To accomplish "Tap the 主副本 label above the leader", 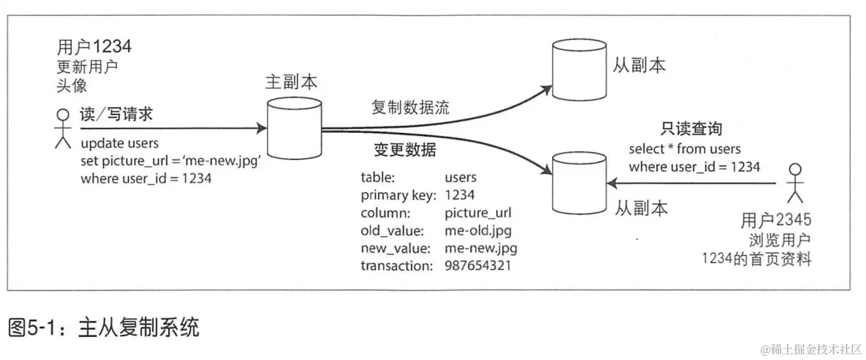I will (x=291, y=82).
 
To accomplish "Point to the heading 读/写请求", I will (x=116, y=114).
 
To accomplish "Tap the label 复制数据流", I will (x=410, y=107).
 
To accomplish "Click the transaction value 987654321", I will (x=478, y=265).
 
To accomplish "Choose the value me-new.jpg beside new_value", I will (x=481, y=248).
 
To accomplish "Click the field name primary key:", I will (x=399, y=195).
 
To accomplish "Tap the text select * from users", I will (x=685, y=149).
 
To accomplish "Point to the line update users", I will (x=120, y=143).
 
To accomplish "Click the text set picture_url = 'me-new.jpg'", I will (x=172, y=161).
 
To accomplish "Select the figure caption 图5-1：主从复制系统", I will (x=104, y=328).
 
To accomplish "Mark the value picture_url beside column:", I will (x=478, y=212).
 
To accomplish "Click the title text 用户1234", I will (x=94, y=47).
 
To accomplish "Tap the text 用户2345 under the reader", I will (x=776, y=221).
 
